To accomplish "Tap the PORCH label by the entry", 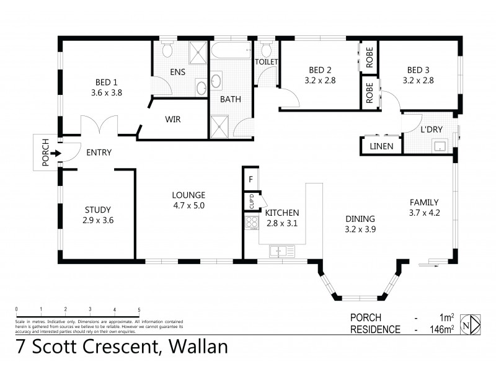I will (x=45, y=153).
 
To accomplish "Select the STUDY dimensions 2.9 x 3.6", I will (x=98, y=219).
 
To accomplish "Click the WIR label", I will (x=173, y=120).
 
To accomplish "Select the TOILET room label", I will (x=265, y=62).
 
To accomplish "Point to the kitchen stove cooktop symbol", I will (x=252, y=222).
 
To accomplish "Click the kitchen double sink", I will (x=283, y=250).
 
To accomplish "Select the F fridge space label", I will (x=250, y=180).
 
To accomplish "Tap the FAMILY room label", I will (x=423, y=202).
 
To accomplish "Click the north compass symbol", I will (x=474, y=324).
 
